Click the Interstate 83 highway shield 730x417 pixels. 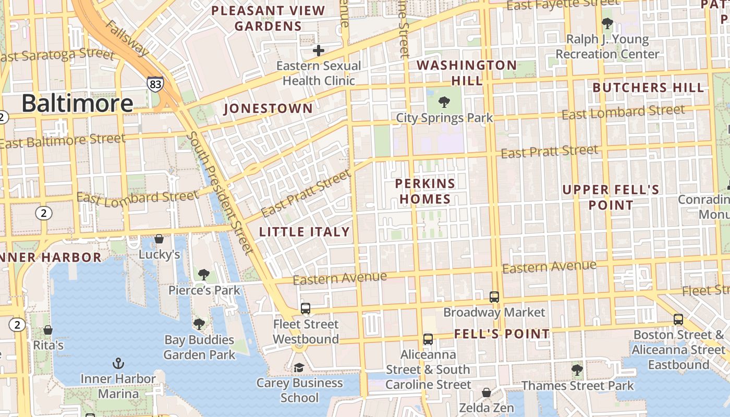155,84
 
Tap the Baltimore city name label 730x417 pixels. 77,103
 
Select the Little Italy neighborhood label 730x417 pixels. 305,232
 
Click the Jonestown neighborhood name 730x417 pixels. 268,108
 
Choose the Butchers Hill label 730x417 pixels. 648,88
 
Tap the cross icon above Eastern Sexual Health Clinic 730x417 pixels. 319,51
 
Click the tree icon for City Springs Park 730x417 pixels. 444,102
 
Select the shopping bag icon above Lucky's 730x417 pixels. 159,239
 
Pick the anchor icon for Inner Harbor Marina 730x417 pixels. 118,363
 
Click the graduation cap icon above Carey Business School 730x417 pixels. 299,367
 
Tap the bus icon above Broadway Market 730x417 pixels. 494,297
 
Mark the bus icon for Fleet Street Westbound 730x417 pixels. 306,309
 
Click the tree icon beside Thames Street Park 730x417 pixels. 577,370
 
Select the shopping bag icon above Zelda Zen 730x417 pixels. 486,392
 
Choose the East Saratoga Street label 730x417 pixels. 57,55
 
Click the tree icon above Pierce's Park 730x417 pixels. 204,275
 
